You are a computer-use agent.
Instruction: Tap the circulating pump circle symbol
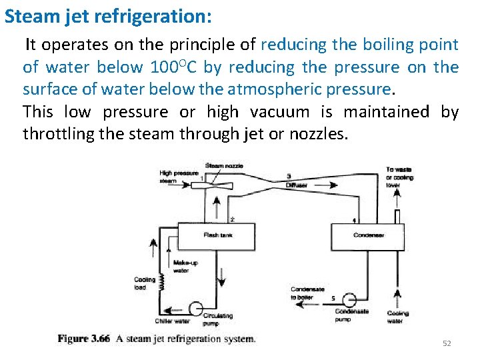195,309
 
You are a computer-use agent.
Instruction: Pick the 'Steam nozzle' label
225,165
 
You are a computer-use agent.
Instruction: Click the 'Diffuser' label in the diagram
296,185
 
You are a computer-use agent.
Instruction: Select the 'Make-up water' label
185,267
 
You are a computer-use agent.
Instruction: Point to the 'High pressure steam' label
178,177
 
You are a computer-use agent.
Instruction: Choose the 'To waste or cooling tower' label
399,177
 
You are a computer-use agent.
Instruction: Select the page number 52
447,343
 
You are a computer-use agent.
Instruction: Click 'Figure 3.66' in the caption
83,339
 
